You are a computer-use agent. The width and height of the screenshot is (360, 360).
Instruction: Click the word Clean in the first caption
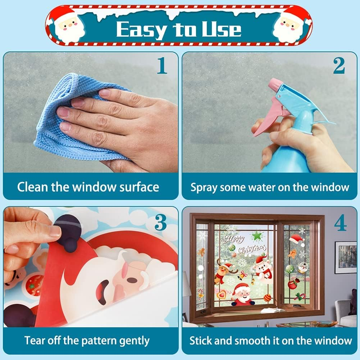[32, 187]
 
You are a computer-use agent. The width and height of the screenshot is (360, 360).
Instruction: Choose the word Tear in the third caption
[34, 340]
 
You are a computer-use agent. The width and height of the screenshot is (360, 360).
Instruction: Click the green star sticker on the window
[256, 236]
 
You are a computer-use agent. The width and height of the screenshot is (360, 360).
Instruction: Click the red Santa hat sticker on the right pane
[297, 238]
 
